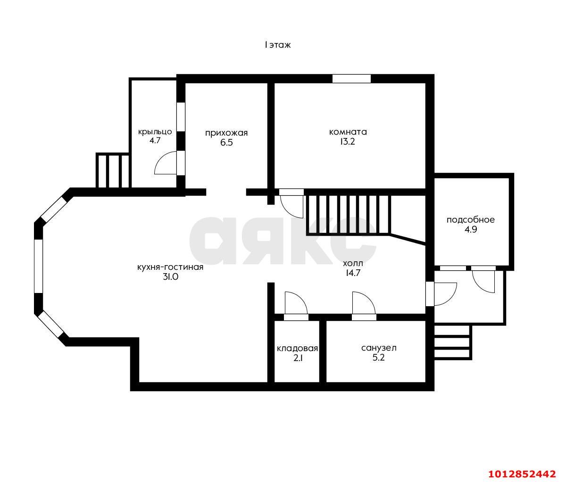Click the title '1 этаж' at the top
[x=277, y=45]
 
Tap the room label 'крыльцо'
[x=155, y=132]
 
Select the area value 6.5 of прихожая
[x=226, y=143]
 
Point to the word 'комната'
[x=348, y=132]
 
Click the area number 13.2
[x=348, y=142]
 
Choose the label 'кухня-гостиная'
[x=170, y=267]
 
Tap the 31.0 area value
[x=171, y=277]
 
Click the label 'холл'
[x=353, y=264]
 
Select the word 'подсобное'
[x=471, y=220]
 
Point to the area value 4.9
[x=471, y=229]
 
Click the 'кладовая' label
[x=297, y=349]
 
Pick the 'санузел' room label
[x=379, y=348]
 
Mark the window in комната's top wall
[x=351, y=78]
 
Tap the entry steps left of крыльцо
[x=113, y=171]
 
